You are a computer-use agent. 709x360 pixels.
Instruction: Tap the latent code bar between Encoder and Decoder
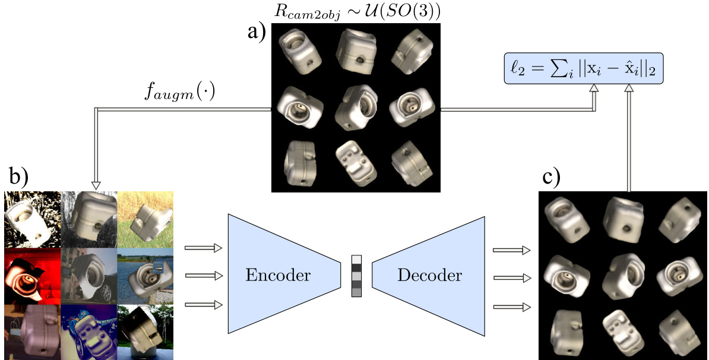(x=356, y=276)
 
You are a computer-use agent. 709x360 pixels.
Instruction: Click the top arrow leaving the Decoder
(x=510, y=250)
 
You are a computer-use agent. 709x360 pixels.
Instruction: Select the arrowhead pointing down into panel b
(x=97, y=185)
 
